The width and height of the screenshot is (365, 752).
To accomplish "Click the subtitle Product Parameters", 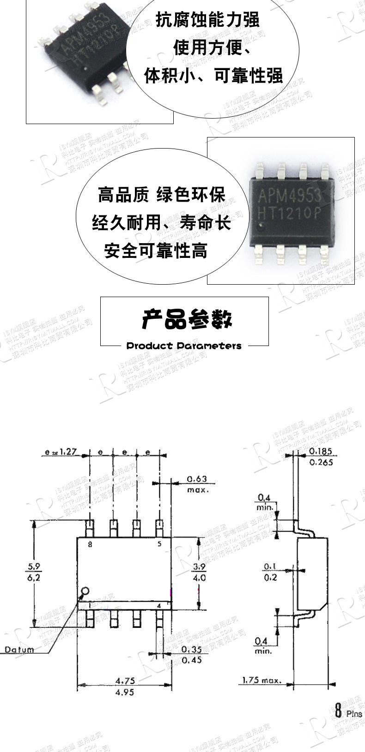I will [x=184, y=346].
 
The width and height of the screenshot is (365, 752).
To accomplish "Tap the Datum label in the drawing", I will [x=19, y=650].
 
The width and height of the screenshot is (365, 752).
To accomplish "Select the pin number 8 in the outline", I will [x=90, y=544].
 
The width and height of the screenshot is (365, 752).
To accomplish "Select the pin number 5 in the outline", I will [x=159, y=544].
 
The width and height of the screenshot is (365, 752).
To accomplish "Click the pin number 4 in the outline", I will [x=159, y=605].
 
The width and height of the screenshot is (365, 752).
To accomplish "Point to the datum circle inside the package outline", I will [x=85, y=591].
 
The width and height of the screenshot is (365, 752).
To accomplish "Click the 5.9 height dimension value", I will [x=34, y=566].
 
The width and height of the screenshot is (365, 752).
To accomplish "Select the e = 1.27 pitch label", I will [x=61, y=452].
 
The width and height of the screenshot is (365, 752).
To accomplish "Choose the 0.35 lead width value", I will [x=192, y=649].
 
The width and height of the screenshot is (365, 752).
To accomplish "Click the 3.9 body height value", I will [x=199, y=567].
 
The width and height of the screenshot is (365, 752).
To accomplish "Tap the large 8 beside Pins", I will [x=338, y=711].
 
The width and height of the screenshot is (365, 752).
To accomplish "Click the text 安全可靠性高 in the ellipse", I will [x=156, y=251].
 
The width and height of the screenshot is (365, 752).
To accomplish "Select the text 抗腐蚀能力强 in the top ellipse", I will [x=207, y=21].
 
